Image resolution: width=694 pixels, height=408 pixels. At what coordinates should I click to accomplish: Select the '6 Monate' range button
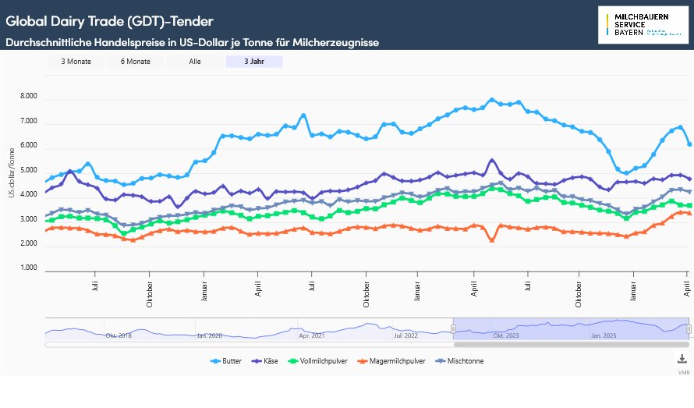coord(135,62)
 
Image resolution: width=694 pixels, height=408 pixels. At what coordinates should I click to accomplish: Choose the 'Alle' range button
coord(195,62)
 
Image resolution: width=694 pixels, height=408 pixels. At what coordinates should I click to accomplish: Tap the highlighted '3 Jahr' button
coord(254,62)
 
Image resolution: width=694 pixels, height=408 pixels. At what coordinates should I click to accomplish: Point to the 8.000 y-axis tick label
coord(28,97)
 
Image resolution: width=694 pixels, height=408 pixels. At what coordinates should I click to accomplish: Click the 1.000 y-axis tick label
coord(28,269)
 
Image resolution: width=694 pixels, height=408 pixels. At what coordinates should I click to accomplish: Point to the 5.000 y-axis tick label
coord(28,171)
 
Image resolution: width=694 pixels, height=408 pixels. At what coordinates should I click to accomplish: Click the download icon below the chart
coord(682,359)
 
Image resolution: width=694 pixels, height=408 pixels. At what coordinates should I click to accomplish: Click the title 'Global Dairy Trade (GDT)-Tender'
coord(109,20)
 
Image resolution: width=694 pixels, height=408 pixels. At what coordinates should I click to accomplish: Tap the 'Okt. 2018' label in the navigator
coord(119,335)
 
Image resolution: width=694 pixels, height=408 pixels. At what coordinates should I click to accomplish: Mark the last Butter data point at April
coord(689,144)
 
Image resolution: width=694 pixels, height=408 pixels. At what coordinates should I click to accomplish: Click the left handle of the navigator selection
coord(453,329)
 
